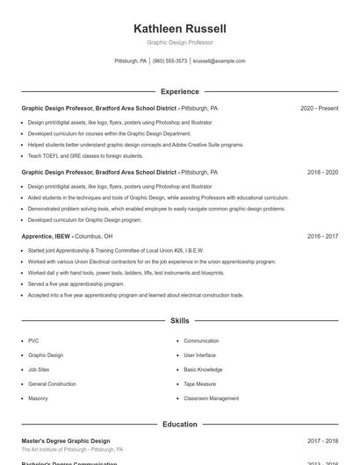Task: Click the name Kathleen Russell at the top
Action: point(179,29)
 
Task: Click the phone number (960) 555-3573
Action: point(169,61)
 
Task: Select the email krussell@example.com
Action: point(219,61)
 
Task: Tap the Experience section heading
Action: point(179,91)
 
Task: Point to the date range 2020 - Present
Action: point(319,108)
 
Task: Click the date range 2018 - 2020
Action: point(322,172)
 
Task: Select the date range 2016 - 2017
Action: point(322,236)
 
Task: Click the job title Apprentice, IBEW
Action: point(47,236)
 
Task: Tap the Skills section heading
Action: point(179,321)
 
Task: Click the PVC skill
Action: point(33,340)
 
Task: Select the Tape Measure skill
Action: point(201,384)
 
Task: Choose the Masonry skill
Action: point(38,398)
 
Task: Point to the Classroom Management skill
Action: point(211,398)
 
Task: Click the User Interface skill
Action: point(199,355)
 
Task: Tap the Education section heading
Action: point(179,425)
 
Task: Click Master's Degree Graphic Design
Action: point(66,440)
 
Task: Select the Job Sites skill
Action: point(39,369)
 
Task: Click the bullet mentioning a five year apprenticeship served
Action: point(76,284)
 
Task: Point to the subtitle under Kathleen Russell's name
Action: point(179,42)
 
